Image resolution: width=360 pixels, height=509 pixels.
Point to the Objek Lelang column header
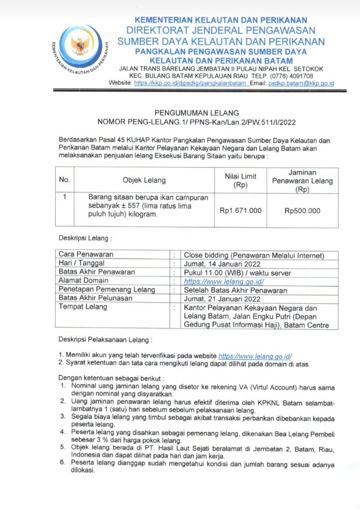[x=144, y=180]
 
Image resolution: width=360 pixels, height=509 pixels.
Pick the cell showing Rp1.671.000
[x=241, y=210]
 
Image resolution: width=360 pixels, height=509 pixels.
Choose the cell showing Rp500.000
[x=302, y=210]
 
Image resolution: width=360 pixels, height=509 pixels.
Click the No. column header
[x=64, y=180]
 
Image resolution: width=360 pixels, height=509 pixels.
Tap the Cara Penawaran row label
[x=86, y=254]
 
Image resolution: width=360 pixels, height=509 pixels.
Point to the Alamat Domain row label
[x=84, y=281]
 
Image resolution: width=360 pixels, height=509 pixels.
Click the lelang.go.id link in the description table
[x=224, y=281]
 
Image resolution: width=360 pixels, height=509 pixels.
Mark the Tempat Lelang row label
[x=83, y=307]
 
